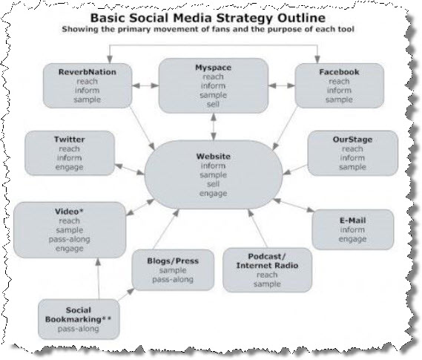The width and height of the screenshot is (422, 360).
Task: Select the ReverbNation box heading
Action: tap(88, 72)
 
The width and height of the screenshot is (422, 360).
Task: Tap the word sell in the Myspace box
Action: tap(213, 104)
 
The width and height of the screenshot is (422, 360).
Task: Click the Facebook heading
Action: tap(339, 72)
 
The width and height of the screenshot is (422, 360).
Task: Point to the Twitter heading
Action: tap(70, 140)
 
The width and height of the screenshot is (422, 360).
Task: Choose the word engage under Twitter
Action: tap(70, 167)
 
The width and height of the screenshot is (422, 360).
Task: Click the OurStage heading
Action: tap(352, 140)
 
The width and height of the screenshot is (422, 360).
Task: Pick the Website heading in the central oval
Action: tap(213, 157)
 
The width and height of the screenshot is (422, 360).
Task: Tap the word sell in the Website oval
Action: tap(213, 184)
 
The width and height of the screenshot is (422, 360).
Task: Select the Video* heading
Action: tap(69, 212)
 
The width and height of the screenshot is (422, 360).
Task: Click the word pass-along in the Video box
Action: tap(70, 239)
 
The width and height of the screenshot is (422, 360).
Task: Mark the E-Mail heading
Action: tap(352, 220)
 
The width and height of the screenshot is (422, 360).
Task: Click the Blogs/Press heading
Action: tap(173, 261)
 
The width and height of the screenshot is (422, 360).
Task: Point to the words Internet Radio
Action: tap(267, 266)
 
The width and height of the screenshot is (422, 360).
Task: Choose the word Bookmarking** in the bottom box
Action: tap(79, 319)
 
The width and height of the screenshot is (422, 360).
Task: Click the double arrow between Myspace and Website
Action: tap(214, 126)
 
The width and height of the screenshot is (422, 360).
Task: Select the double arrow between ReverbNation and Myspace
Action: tap(145, 85)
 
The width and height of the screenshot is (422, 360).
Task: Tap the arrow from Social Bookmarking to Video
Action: tap(99, 278)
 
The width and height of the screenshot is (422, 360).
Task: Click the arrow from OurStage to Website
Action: tap(295, 170)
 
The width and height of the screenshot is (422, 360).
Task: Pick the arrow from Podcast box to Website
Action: tap(257, 229)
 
